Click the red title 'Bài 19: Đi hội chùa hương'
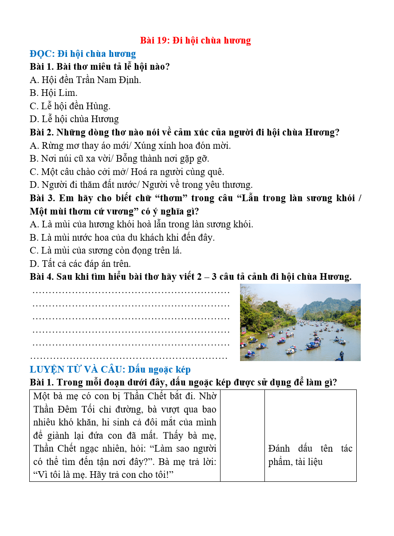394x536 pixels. [x=195, y=40]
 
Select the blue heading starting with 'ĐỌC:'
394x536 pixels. [x=83, y=54]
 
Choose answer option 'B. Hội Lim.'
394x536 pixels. [x=54, y=93]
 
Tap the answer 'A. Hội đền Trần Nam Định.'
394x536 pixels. [x=85, y=80]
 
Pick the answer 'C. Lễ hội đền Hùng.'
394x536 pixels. [x=70, y=106]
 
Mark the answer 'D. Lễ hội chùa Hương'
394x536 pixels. [x=74, y=119]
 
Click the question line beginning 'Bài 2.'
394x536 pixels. [x=184, y=132]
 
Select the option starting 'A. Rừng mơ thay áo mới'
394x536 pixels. [x=130, y=145]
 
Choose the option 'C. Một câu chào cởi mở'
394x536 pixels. [x=127, y=171]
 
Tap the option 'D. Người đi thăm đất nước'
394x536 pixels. [x=141, y=185]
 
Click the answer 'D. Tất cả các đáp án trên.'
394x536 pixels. [x=80, y=263]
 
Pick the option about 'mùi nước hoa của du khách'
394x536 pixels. [x=122, y=237]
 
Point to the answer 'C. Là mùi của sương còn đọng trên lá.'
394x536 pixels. [x=106, y=250]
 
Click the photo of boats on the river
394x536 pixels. [x=300, y=322]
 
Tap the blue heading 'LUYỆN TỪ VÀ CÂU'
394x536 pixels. [x=110, y=369]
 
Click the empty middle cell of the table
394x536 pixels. [x=242, y=435]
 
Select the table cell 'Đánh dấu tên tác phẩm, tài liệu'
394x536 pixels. [x=310, y=455]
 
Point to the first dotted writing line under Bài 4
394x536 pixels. [x=131, y=292]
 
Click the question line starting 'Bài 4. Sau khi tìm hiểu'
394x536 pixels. [x=190, y=277]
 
